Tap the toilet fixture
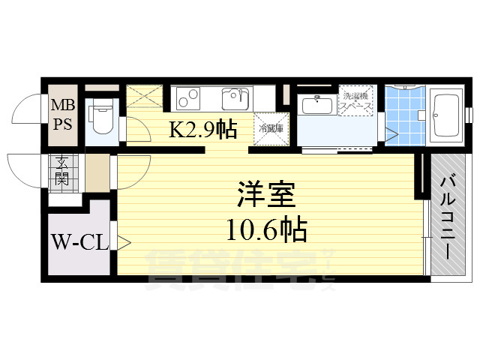point(99,117)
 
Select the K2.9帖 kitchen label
point(202,130)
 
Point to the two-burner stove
point(189,98)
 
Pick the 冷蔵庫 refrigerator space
point(270,128)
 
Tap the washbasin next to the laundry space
point(318,104)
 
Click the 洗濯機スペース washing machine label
point(356,102)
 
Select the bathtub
point(447,116)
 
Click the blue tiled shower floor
point(405,116)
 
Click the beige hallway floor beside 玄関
point(97,172)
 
